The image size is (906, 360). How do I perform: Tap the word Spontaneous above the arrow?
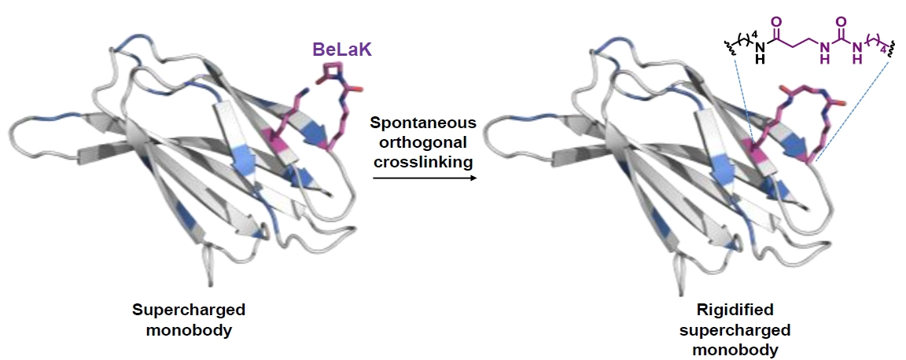[x=422, y=123]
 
